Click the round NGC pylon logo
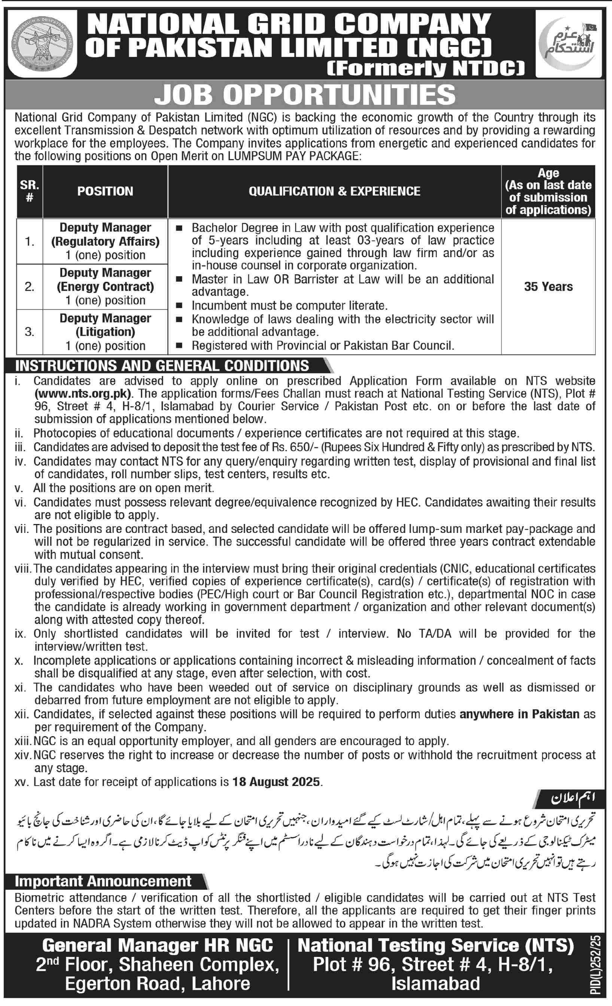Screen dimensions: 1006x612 pos(42,43)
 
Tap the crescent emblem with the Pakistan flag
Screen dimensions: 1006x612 pos(568,43)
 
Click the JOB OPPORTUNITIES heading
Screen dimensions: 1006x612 pos(305,95)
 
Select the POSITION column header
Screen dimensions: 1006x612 pos(105,191)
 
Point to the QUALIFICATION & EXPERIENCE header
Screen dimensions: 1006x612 pos(334,191)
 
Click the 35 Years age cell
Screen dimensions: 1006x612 pos(548,287)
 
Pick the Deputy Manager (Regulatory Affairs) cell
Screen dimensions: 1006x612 pos(105,241)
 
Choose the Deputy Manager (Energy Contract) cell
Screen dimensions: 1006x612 pos(105,287)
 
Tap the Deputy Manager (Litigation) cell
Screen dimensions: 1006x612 pos(105,332)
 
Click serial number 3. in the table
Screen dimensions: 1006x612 pos(30,332)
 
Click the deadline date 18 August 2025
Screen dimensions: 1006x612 pos(276,781)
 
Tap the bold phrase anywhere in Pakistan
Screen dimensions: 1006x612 pos(519,714)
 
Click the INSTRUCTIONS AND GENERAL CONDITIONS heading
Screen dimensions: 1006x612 pos(162,366)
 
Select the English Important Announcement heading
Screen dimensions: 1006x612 pos(103,881)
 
